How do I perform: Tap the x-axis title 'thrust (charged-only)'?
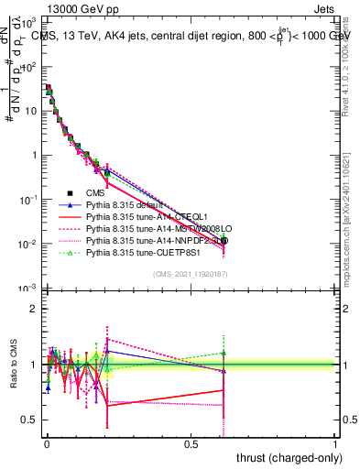click(x=285, y=457)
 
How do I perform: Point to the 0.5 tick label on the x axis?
click(x=191, y=444)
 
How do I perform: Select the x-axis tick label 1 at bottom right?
click(x=335, y=444)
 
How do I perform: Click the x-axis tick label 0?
click(x=47, y=444)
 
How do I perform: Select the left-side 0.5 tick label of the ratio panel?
click(x=31, y=420)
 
